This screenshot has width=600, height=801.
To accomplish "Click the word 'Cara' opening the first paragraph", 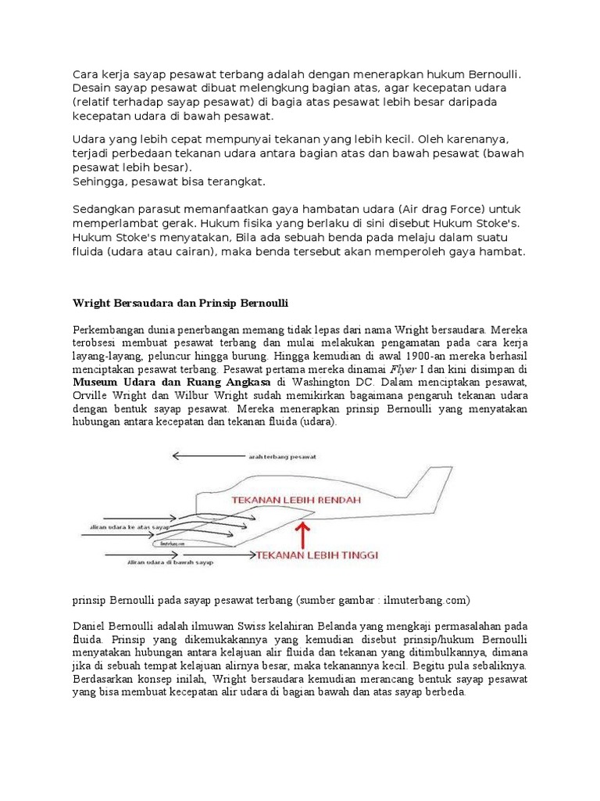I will point(86,74).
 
